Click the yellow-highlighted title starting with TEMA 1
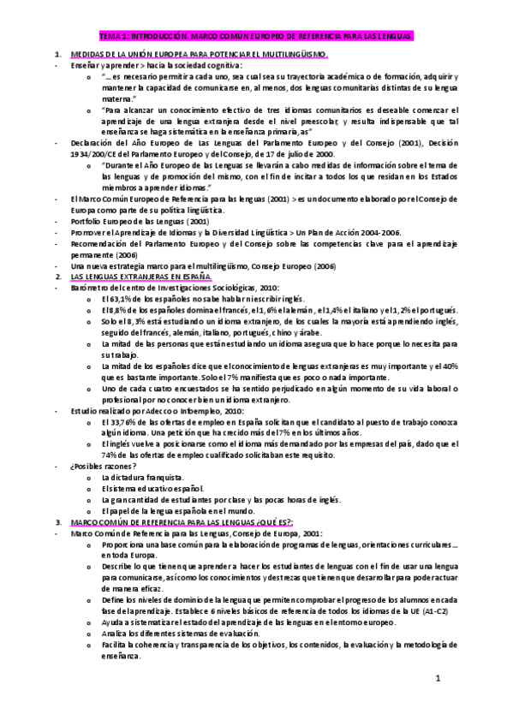pos(256,38)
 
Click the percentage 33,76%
pos(119,421)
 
